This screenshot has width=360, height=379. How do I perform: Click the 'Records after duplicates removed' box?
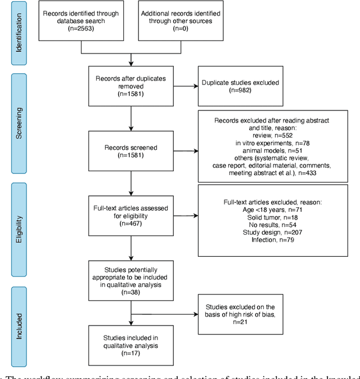tap(130, 87)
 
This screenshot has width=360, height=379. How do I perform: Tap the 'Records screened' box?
tap(130, 150)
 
